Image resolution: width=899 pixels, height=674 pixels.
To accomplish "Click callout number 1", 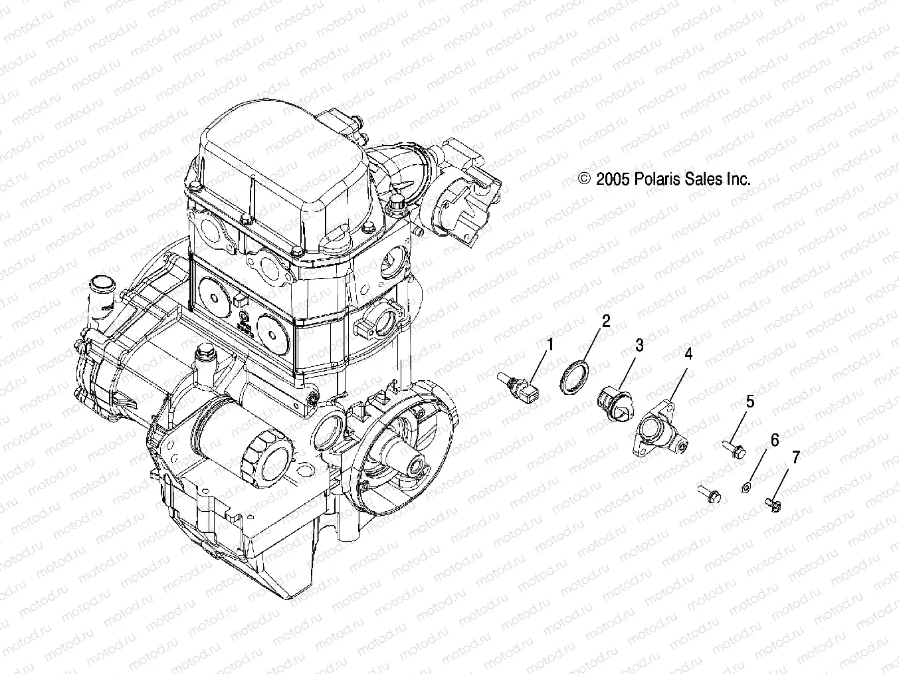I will coord(549,344).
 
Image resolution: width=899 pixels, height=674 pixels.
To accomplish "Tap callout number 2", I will coord(605,322).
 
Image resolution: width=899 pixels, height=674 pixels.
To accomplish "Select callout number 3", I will coord(639,345).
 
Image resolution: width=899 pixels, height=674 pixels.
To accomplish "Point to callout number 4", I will coord(688,354).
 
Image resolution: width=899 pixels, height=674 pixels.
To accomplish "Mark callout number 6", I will coord(774,440).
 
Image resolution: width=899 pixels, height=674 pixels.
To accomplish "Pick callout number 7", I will coord(795,457).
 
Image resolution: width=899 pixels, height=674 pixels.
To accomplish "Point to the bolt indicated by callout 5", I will coord(734,450).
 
